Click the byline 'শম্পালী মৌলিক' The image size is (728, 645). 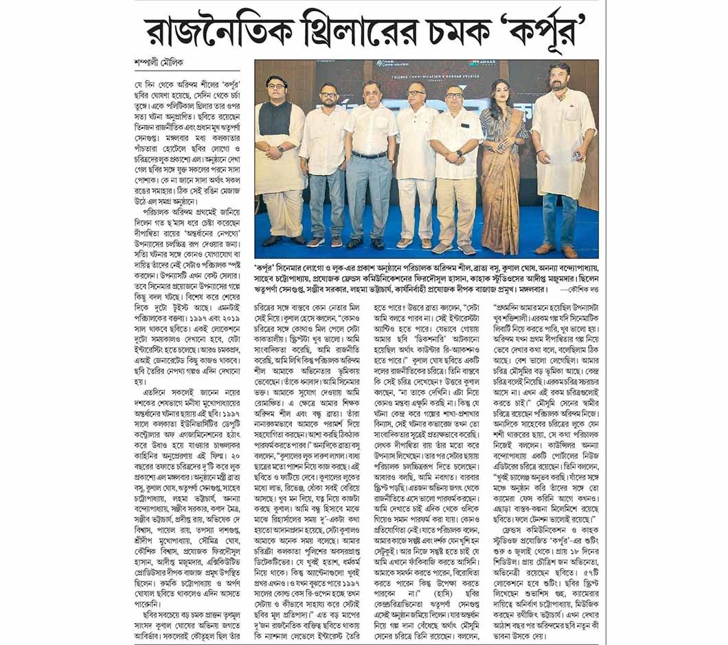point(161,60)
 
